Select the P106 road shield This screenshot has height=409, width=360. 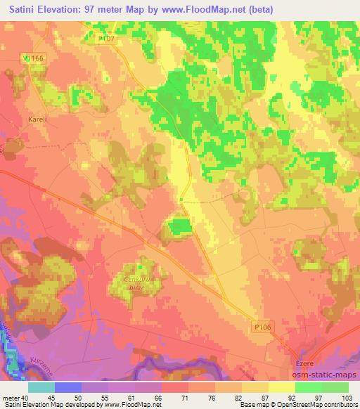coord(260,327)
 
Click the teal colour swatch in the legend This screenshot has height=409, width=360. coord(41,387)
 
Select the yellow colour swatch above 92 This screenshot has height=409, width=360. coord(281,387)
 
